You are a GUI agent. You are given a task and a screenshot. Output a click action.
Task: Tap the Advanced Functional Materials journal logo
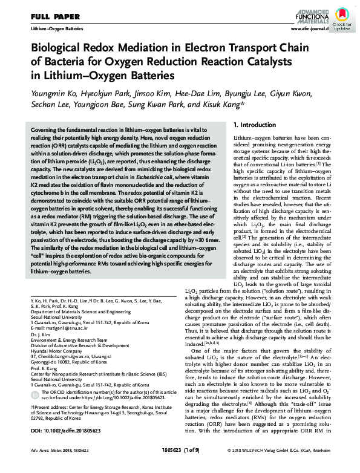309,14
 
